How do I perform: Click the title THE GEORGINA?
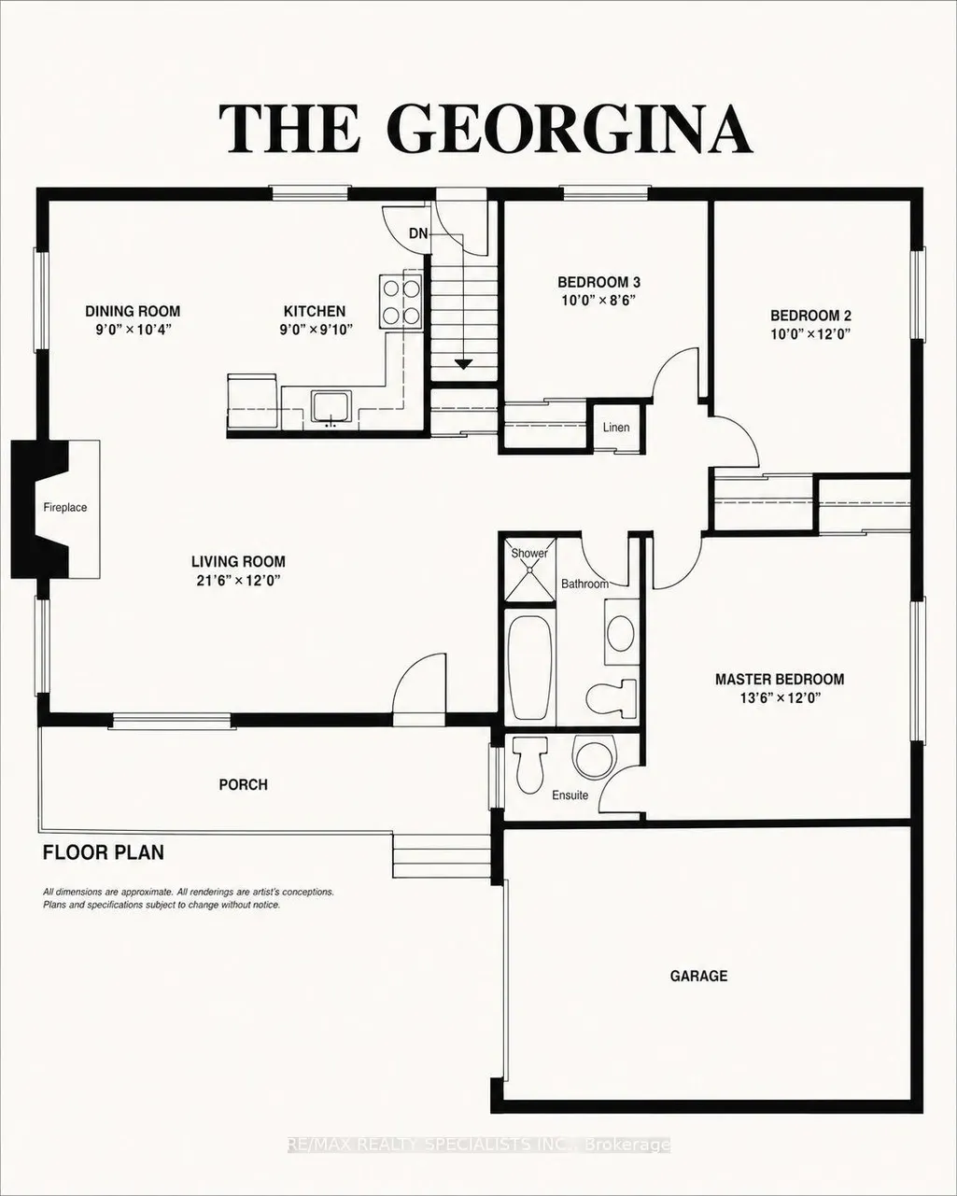pos(486,129)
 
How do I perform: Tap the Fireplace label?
pos(65,507)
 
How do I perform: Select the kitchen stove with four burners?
pos(401,302)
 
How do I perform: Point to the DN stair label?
pos(418,233)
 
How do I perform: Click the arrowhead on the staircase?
pos(463,364)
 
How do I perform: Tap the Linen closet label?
pos(616,428)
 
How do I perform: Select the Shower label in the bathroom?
pos(529,553)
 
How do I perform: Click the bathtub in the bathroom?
pos(529,667)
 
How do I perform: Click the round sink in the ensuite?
pos(595,756)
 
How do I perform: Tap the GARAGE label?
pos(698,976)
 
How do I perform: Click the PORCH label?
pos(244,785)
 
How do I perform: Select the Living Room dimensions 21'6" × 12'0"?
pos(238,581)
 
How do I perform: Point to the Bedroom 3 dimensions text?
pos(598,301)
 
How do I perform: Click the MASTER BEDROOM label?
pos(780,679)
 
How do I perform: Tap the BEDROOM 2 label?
pos(810,316)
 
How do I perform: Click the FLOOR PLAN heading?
pos(104,852)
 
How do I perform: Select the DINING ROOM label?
pos(133,311)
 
